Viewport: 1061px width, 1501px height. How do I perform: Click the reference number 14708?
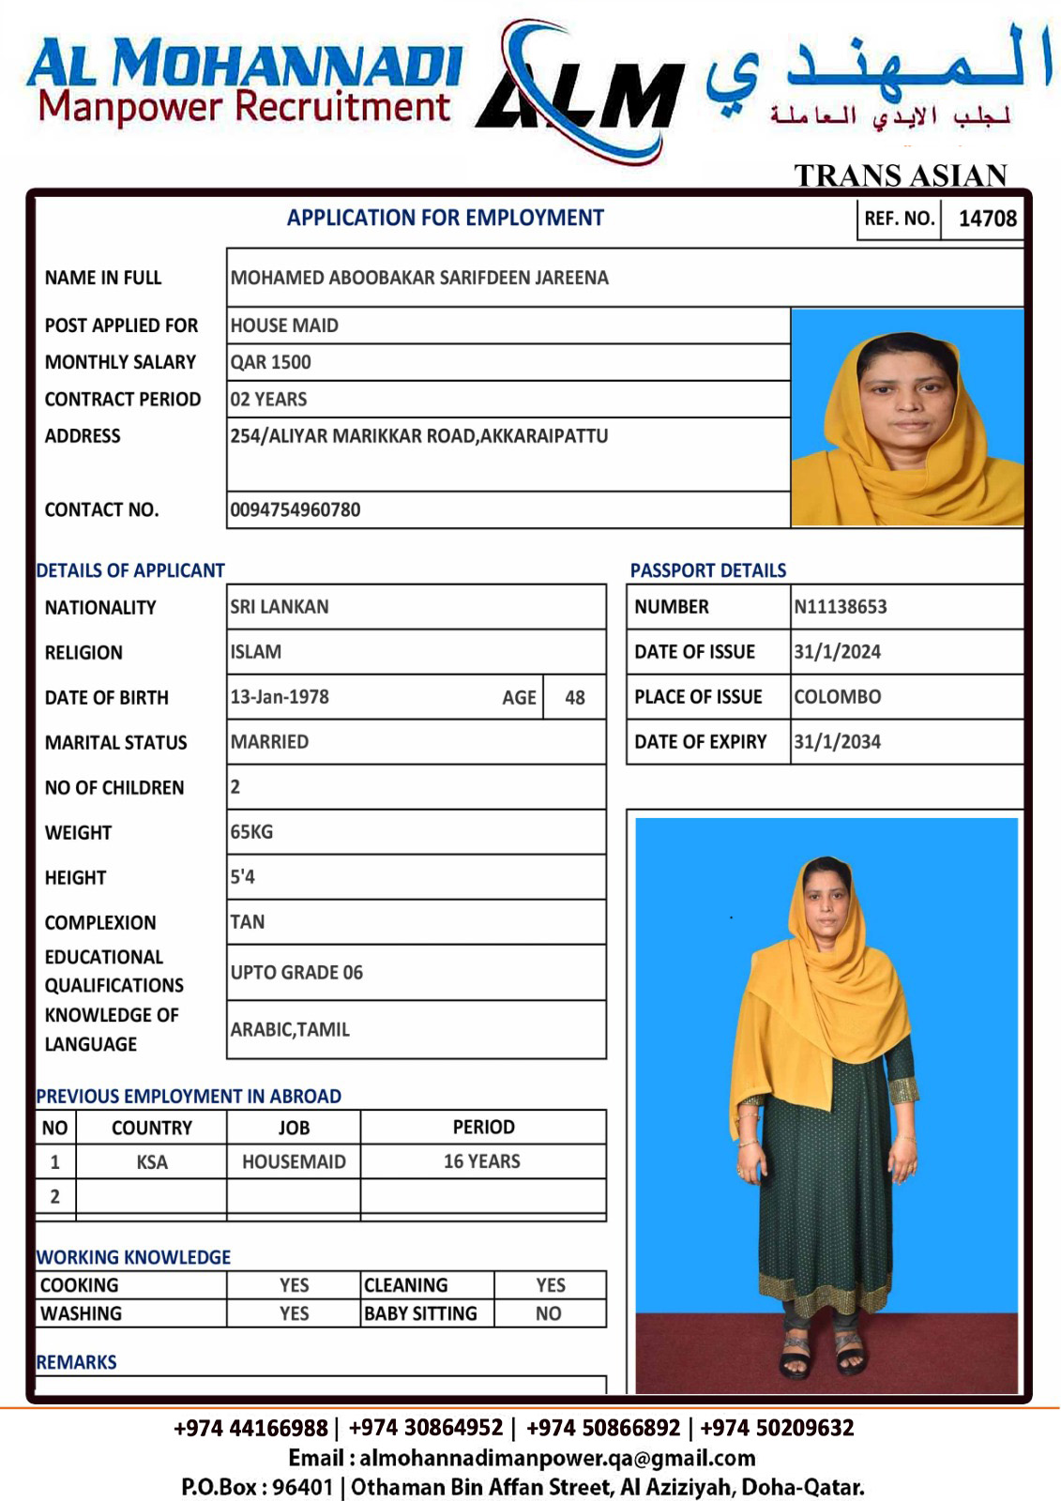tap(987, 219)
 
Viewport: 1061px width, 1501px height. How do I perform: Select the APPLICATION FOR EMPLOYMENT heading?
tap(445, 218)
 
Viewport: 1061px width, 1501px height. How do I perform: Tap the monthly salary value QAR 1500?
tap(270, 362)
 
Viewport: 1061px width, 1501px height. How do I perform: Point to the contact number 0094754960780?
tap(296, 509)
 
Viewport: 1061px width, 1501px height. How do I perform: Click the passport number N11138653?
tap(840, 607)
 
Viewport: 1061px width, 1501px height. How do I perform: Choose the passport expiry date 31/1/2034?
tap(837, 742)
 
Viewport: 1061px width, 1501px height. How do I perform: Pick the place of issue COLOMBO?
tap(837, 697)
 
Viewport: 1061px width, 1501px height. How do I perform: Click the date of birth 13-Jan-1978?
tap(280, 697)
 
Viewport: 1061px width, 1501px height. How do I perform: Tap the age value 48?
tap(575, 698)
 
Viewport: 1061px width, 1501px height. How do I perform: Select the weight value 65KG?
tap(251, 832)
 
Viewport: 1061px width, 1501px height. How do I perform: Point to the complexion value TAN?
tap(248, 922)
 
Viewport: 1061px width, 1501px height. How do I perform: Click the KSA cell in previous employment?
tap(152, 1162)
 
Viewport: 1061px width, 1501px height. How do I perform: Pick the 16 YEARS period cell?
tap(482, 1161)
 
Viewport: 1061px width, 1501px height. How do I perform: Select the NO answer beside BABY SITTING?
tap(549, 1313)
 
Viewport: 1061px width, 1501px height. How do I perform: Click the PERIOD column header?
tap(483, 1127)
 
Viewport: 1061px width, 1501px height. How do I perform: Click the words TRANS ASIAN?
tap(901, 175)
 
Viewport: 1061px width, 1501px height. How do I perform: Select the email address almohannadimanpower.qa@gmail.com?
tap(557, 1458)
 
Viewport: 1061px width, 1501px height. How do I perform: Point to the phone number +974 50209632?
tap(777, 1428)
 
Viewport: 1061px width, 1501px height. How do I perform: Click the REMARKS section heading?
tap(76, 1362)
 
